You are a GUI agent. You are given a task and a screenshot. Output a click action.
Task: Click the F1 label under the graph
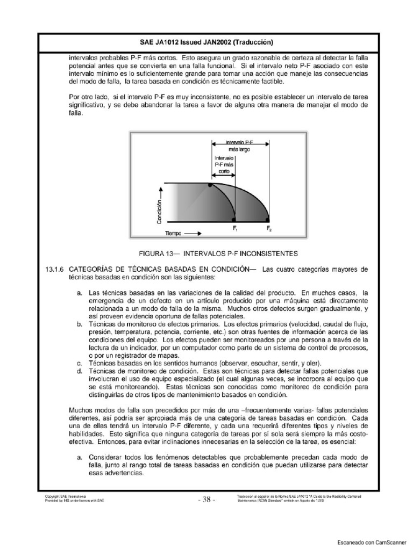tap(235, 228)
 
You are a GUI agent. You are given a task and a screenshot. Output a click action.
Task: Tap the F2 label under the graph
tap(269, 228)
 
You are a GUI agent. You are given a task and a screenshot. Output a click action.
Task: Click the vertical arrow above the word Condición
tap(160, 189)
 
